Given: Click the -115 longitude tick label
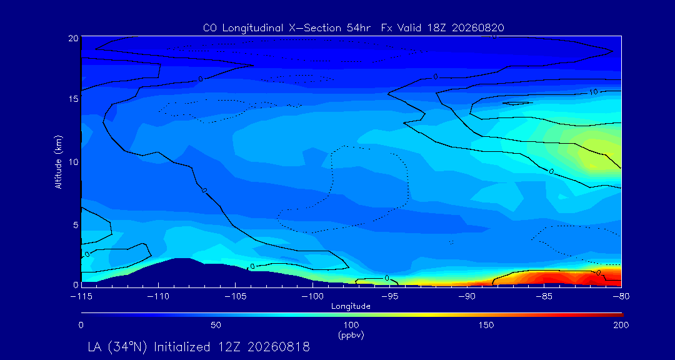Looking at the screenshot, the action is point(81,297).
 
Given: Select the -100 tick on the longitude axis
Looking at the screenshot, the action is point(312,297).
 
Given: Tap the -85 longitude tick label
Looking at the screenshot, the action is point(544,297).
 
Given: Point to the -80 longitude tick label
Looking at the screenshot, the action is point(621,297).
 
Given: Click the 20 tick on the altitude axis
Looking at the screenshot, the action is point(74,38).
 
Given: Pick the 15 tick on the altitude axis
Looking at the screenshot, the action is point(74,99).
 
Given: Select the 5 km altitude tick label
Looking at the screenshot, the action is point(76,225).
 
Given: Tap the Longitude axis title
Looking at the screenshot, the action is point(351,307).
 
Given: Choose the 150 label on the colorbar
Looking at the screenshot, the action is point(486,325).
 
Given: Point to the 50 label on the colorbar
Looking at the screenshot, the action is point(216,325).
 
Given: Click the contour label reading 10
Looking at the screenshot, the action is point(594,92).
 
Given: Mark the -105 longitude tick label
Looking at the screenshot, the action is point(236,297).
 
